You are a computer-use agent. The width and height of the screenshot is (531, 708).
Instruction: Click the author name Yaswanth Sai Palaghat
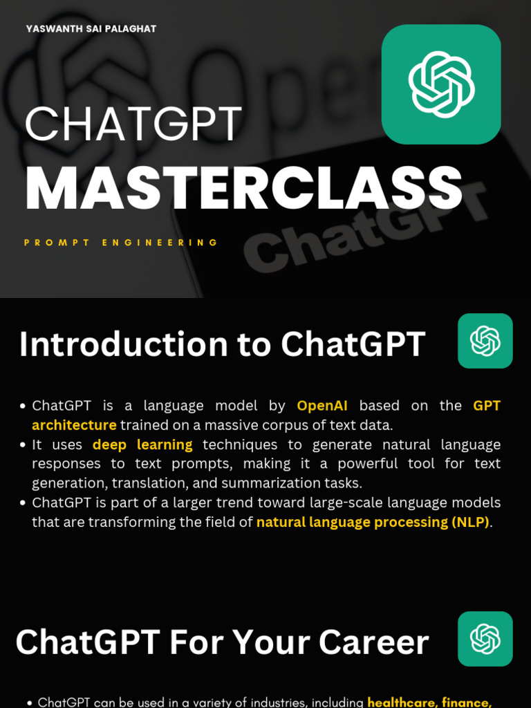pos(91,29)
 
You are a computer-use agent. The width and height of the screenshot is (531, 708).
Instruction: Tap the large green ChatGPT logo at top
pos(441,84)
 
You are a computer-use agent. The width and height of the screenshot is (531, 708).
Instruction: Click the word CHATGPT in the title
pos(133,125)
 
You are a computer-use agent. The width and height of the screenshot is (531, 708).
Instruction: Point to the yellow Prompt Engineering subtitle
pos(121,243)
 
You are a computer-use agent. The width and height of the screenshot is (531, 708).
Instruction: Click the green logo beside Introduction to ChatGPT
pos(485,341)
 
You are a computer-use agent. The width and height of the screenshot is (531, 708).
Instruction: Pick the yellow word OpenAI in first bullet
pos(323,405)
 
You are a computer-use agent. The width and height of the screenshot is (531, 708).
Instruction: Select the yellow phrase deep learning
pos(142,445)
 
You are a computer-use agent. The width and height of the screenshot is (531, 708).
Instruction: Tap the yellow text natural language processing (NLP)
pos(372,522)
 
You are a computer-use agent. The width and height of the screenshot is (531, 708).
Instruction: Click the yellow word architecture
pos(74,425)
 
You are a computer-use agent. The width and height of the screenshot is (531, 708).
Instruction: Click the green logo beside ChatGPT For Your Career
pos(485,639)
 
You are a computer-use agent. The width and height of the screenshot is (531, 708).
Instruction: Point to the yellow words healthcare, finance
pos(429,702)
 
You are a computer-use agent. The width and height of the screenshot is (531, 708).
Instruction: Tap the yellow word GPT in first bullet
pos(487,405)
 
